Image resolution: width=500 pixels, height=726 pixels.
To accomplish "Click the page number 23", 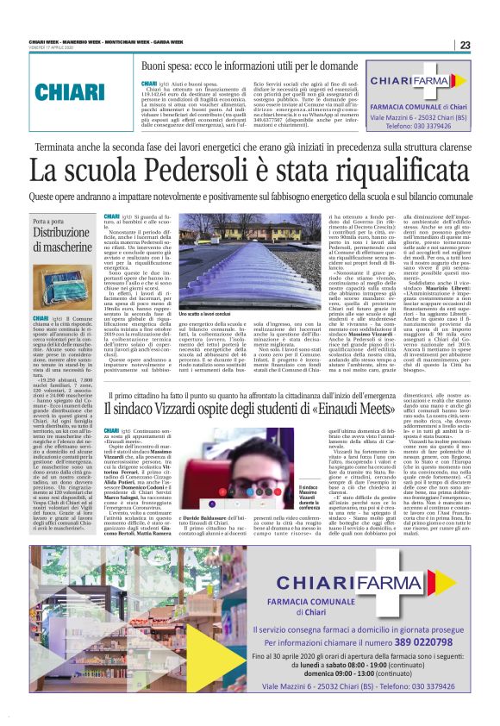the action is click(x=465, y=45).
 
